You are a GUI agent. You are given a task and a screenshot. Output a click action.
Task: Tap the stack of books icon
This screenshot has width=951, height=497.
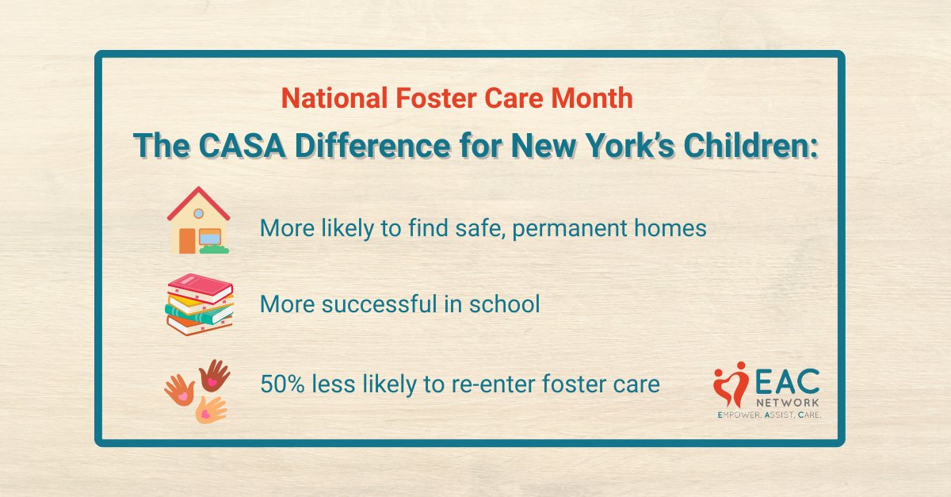pos(198,304)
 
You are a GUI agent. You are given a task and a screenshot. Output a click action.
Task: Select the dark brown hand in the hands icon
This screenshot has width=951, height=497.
pos(214,374)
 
